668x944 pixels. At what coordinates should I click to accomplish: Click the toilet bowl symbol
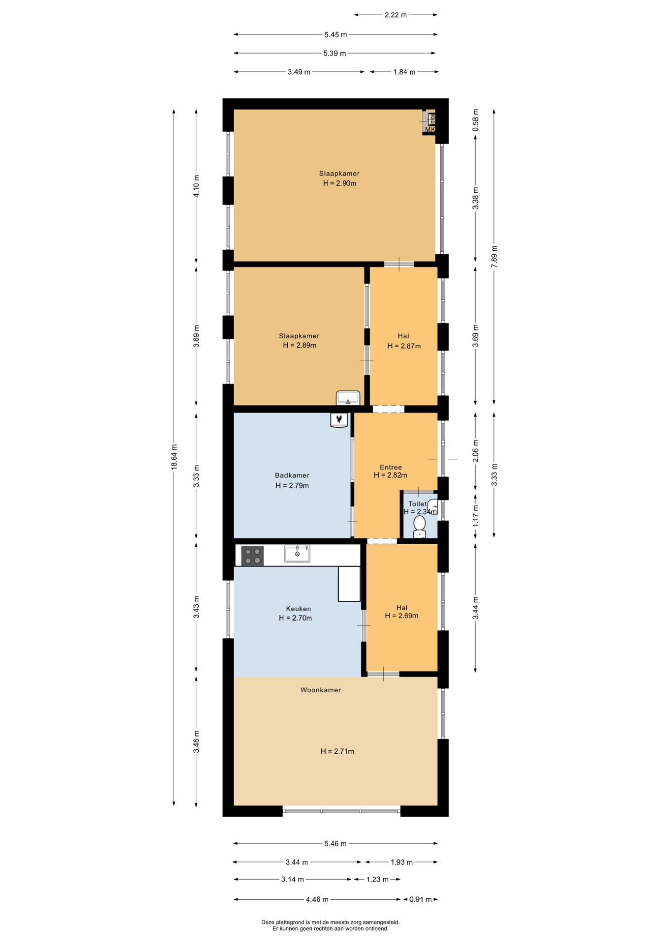[x=420, y=526]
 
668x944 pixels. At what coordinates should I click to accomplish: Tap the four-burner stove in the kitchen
[x=252, y=556]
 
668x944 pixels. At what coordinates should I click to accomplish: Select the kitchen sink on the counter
[x=297, y=553]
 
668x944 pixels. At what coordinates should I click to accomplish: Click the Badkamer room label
[x=292, y=475]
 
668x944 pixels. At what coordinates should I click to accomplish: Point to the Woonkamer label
[x=321, y=690]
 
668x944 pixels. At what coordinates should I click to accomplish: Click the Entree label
[x=391, y=468]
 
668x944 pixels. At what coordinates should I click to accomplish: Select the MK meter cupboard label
[x=430, y=130]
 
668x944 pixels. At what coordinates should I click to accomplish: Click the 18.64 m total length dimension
[x=174, y=457]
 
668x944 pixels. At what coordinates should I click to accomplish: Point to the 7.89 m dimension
[x=494, y=256]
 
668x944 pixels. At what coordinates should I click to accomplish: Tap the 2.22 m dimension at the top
[x=396, y=15]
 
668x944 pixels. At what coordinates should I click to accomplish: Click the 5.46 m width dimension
[x=335, y=843]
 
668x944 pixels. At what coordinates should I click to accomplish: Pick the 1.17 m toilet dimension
[x=476, y=516]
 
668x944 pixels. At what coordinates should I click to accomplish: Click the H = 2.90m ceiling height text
[x=339, y=183]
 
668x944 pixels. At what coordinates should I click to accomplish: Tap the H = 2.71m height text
[x=337, y=751]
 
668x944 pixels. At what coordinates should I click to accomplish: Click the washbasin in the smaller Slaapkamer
[x=348, y=398]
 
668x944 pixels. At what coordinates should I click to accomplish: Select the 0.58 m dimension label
[x=476, y=120]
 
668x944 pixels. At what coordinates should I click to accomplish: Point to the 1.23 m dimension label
[x=377, y=879]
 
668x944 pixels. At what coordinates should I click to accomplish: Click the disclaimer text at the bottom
[x=331, y=925]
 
